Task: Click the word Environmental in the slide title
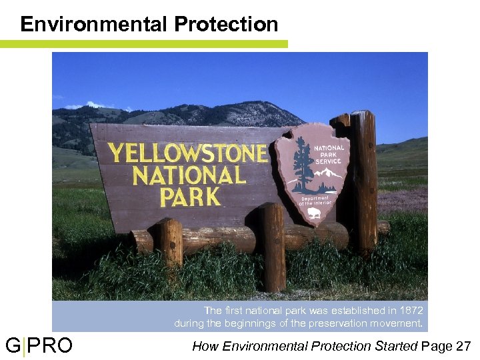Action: pyautogui.click(x=94, y=24)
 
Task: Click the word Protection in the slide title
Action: pyautogui.click(x=226, y=24)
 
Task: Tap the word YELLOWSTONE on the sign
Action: pyautogui.click(x=187, y=153)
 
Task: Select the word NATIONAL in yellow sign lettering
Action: pyautogui.click(x=189, y=175)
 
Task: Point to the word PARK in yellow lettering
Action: pyautogui.click(x=189, y=197)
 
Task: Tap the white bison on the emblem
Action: pyautogui.click(x=314, y=214)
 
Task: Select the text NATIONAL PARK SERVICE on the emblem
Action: pyautogui.click(x=329, y=155)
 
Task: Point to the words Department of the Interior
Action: pyautogui.click(x=315, y=201)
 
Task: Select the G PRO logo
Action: pyautogui.click(x=39, y=346)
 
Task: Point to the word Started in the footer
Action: pyautogui.click(x=396, y=346)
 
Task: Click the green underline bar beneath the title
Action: pyautogui.click(x=143, y=44)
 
